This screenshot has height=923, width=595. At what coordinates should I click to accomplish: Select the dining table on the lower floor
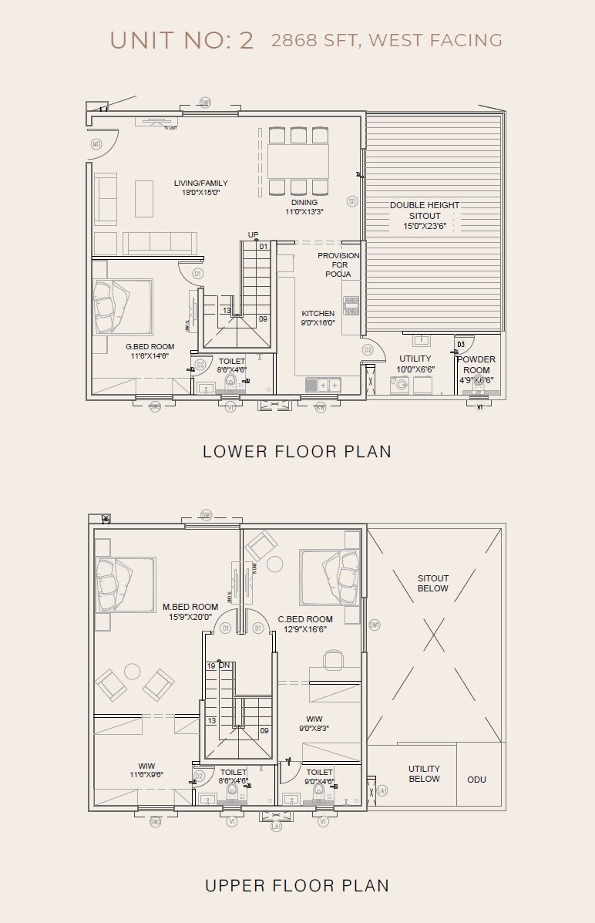(x=297, y=161)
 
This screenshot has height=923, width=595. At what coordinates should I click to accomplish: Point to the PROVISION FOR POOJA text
(x=338, y=264)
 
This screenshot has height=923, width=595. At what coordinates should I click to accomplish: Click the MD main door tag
(x=96, y=144)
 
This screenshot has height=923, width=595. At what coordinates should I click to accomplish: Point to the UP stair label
(x=253, y=234)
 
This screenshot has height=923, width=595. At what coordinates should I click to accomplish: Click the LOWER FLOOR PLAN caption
(x=297, y=451)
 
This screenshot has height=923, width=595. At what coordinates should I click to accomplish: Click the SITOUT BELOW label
(x=433, y=583)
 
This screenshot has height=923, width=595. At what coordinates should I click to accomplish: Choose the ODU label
(x=476, y=780)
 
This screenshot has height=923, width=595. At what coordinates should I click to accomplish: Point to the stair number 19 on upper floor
(x=210, y=665)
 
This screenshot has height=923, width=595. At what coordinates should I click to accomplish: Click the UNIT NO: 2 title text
(x=182, y=40)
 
